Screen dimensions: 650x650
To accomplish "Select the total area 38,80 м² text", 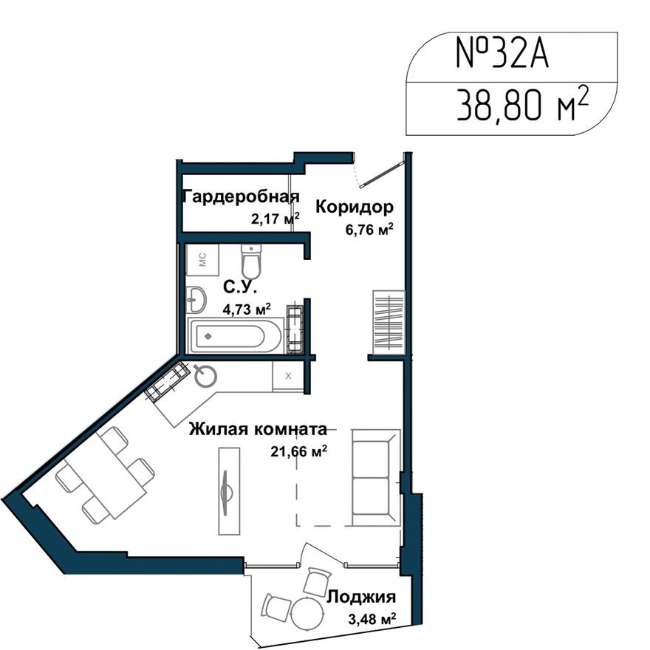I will click(x=521, y=109).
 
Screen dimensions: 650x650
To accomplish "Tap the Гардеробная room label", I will click(x=241, y=196).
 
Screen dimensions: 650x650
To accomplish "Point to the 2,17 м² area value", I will click(x=275, y=218).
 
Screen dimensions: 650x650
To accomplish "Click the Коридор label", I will click(x=354, y=207).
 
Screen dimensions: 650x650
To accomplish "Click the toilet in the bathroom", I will click(x=251, y=261).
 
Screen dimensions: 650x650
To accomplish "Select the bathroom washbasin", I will click(x=197, y=299).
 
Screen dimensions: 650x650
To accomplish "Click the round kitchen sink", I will click(x=206, y=377).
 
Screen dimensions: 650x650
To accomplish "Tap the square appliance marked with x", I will click(x=288, y=375).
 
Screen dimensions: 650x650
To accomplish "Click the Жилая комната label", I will click(x=258, y=428).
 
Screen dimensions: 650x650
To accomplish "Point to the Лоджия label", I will click(x=360, y=597).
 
